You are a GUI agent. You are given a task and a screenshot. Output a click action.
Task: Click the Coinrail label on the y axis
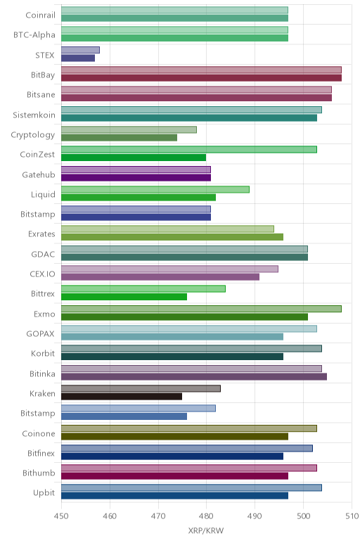click(x=40, y=15)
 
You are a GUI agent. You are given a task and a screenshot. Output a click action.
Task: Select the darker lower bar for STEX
click(x=78, y=58)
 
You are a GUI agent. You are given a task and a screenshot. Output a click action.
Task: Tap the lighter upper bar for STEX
click(x=80, y=50)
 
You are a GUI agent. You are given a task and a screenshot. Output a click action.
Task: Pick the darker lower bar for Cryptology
click(x=119, y=137)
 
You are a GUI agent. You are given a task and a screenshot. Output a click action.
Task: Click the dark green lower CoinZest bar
click(x=134, y=158)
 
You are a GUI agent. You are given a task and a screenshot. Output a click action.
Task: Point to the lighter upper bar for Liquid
click(x=155, y=189)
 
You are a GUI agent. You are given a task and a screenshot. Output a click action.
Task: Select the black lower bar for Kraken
click(x=122, y=397)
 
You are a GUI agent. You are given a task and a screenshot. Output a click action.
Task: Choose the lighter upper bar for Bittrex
click(x=143, y=289)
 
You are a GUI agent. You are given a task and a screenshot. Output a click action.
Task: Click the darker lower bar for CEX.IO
click(x=160, y=277)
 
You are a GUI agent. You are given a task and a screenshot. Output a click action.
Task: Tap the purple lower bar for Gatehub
click(x=136, y=178)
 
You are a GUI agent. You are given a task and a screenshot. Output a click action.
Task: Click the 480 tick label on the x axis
click(x=206, y=516)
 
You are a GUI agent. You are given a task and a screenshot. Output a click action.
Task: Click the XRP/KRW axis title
click(x=206, y=530)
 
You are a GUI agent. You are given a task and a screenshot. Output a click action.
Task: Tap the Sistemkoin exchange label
click(x=34, y=115)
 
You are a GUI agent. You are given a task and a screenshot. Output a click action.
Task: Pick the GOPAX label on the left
click(x=41, y=334)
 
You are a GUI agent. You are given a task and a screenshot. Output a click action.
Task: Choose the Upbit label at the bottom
click(x=44, y=493)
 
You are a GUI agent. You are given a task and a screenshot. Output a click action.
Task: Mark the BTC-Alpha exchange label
click(x=34, y=35)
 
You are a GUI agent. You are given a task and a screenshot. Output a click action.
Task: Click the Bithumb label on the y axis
click(x=39, y=473)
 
